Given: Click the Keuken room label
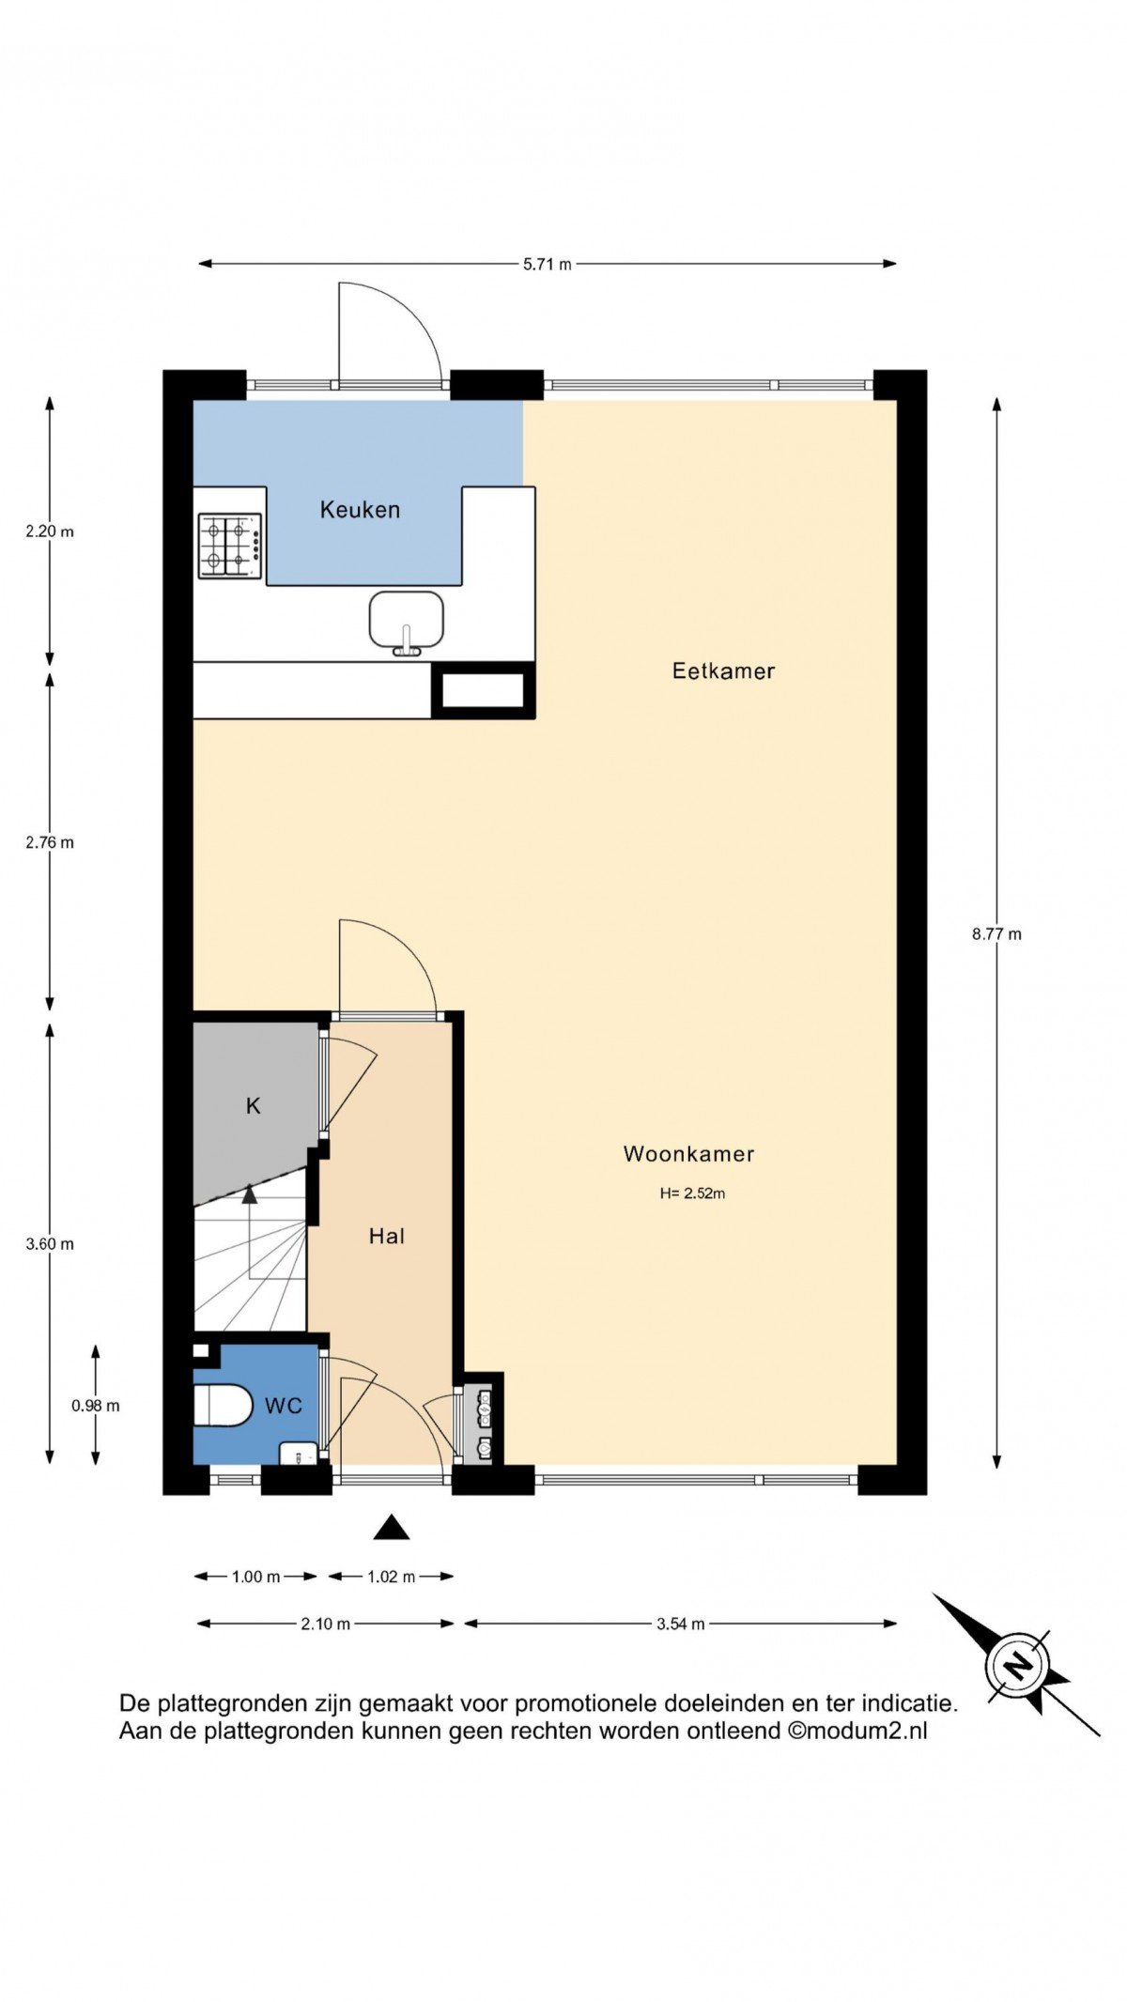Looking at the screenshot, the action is coord(360,510).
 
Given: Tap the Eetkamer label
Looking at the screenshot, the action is coord(723,670).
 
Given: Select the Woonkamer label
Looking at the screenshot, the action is coord(688,1153).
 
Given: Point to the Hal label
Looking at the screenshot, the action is coord(386,1236).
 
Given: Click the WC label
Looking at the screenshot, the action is coord(283,1405).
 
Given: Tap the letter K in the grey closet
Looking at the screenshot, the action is coord(253,1106).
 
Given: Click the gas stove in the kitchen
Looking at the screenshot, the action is coord(229,546).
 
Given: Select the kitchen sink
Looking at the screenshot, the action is coord(407,623).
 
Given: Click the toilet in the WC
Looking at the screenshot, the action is coord(223,1406).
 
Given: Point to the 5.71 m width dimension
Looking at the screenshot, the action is coord(547,264).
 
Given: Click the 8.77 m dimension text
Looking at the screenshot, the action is coord(996,933).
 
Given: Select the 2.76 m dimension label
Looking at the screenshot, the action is coord(50,842).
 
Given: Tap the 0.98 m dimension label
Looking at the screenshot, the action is coord(96,1406).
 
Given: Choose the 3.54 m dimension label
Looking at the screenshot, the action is coord(680,1624).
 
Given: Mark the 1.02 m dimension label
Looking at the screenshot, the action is coord(391,1577).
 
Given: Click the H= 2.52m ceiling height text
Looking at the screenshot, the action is coord(692,1193).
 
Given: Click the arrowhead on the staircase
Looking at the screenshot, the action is coord(249,1194).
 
